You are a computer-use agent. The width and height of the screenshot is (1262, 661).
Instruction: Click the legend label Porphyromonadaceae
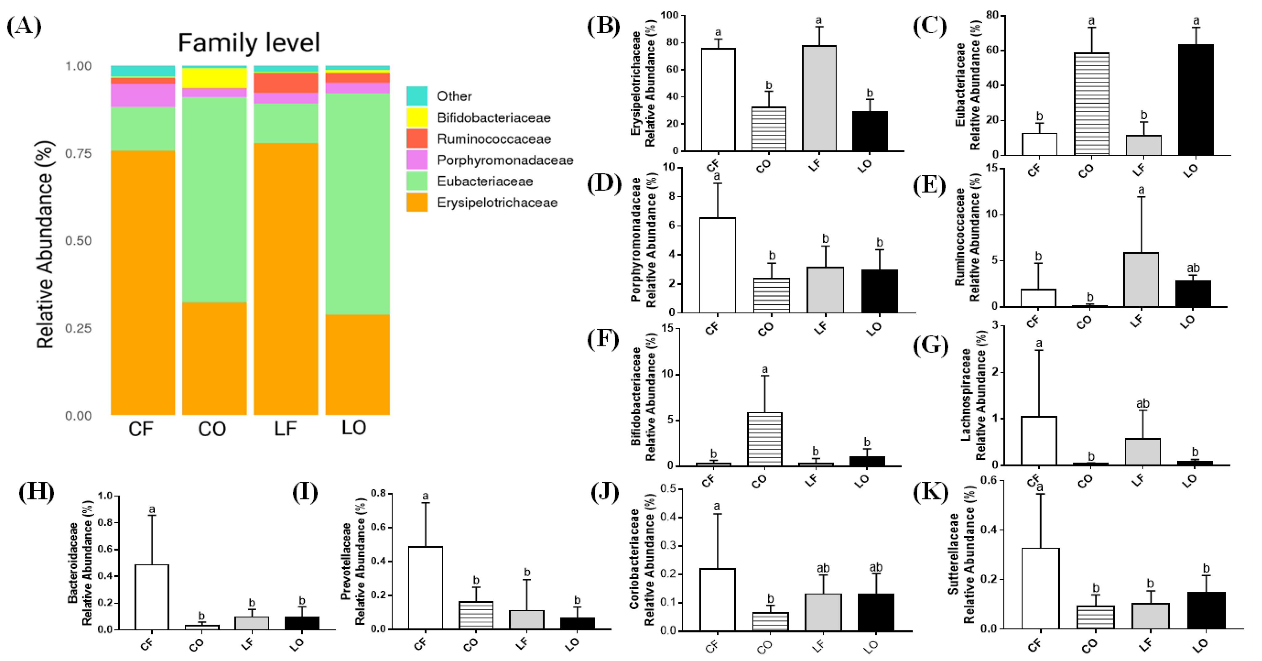[505, 160]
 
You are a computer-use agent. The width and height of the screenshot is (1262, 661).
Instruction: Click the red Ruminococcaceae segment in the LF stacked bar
[286, 83]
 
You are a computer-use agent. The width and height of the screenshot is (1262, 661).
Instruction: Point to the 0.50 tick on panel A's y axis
[78, 241]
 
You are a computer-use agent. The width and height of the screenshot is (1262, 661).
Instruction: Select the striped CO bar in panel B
[769, 129]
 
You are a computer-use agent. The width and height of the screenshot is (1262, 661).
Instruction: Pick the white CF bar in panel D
[717, 265]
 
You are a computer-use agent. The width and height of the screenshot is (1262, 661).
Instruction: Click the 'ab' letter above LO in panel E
[1193, 268]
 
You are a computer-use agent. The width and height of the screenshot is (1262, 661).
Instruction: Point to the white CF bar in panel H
[152, 597]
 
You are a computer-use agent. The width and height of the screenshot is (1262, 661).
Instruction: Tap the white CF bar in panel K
[1040, 588]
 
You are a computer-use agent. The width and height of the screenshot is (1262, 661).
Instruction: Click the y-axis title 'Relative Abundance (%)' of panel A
[45, 245]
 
